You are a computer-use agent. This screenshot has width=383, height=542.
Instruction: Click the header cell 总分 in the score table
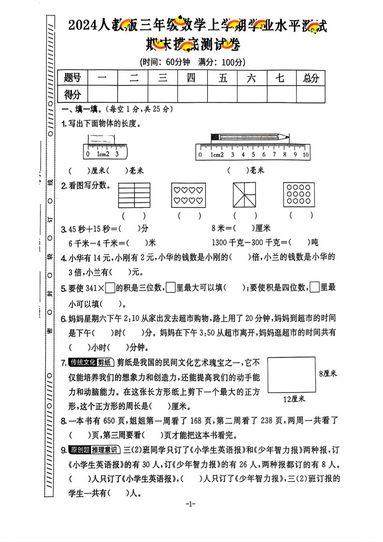pos(311,78)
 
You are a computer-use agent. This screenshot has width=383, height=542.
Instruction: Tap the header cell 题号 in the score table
pos(72,78)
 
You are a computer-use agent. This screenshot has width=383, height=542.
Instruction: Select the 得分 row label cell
pos(72,94)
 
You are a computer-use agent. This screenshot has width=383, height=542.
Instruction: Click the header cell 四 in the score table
pos(192,78)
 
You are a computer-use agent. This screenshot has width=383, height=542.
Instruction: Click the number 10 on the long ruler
pos(305,155)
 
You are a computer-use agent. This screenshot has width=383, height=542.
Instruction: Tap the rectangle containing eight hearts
pos(188,195)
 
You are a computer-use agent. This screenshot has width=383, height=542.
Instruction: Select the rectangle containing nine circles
pos(298,195)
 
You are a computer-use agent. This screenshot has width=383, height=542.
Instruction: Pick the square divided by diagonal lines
pos(245,195)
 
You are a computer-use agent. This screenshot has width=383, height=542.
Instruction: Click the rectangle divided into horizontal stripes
pos(133,195)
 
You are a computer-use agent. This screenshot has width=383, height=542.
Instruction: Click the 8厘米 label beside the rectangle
pos(328,373)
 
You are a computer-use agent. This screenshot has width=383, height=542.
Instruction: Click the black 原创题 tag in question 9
pos(80,450)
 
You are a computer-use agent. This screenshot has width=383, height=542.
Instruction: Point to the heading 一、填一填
pos(77,110)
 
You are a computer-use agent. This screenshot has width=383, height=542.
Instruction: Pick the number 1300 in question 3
pos(220,242)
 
